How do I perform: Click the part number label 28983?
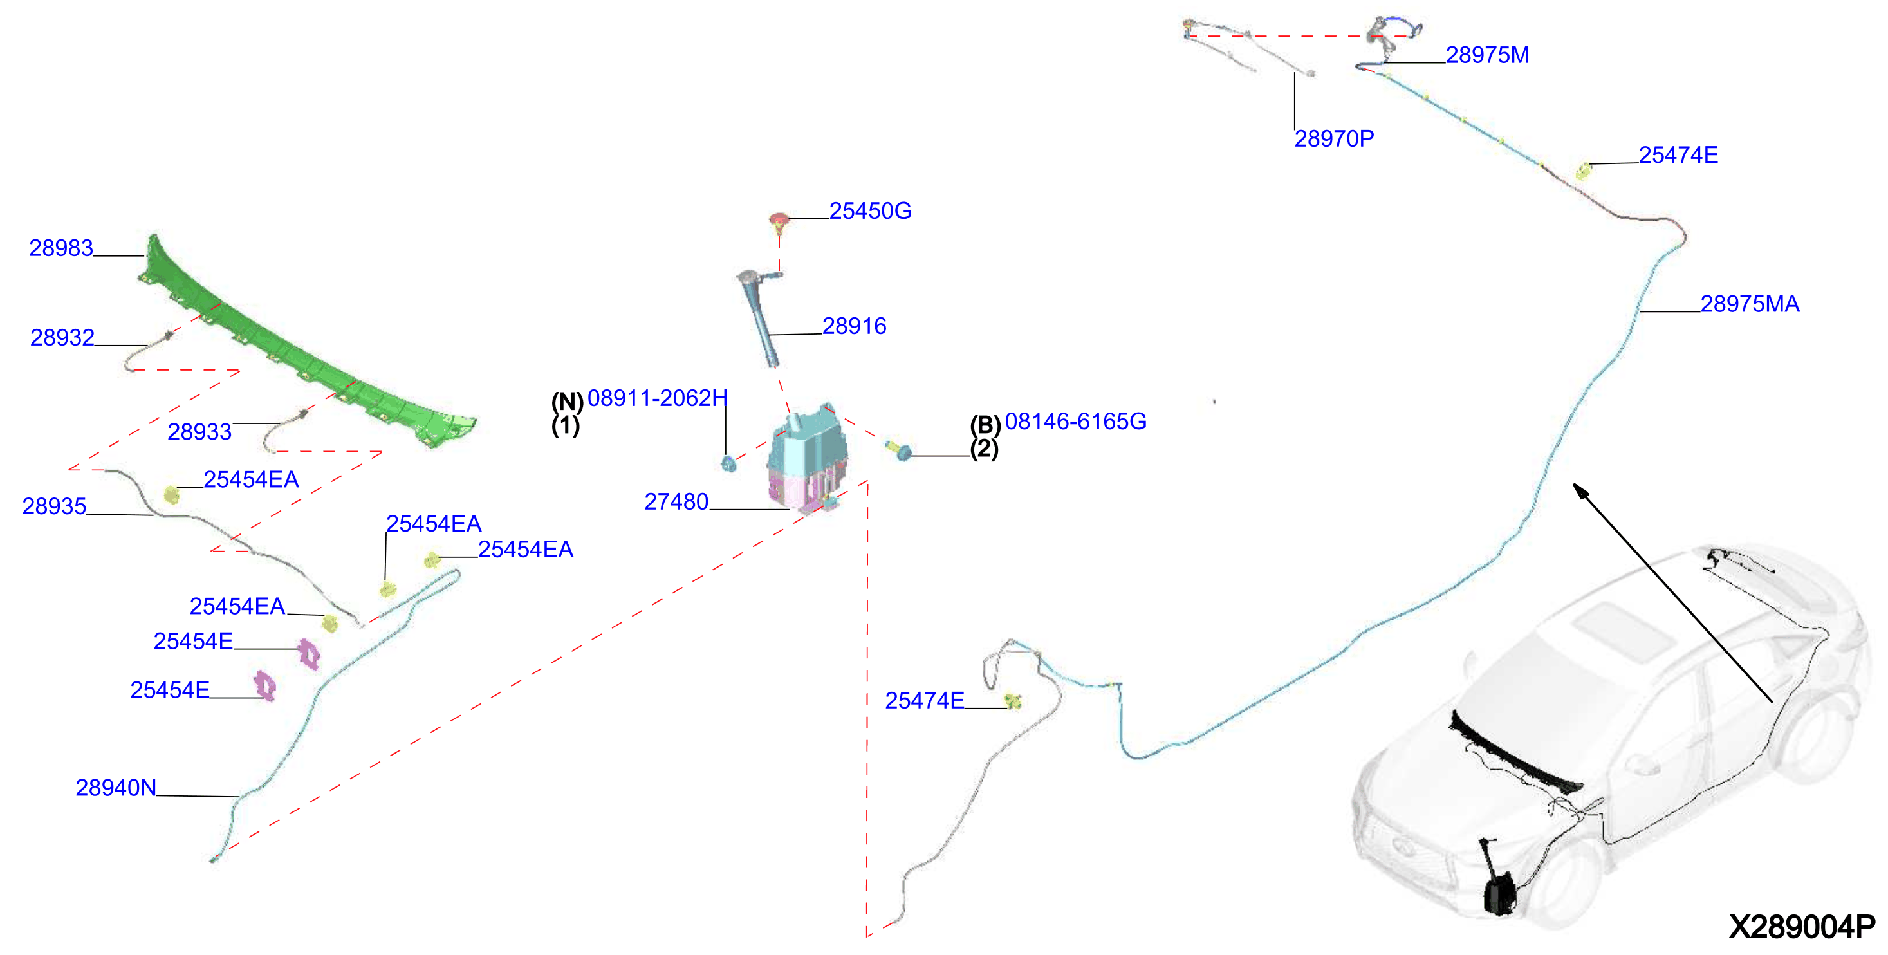point(61,248)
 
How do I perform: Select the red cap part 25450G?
point(779,221)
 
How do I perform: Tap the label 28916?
point(854,326)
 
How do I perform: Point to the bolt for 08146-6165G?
point(900,449)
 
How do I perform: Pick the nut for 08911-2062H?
point(728,463)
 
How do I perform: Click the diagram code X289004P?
point(1802,927)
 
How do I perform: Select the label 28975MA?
point(1750,304)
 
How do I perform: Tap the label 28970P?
point(1334,138)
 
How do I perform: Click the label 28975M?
point(1487,55)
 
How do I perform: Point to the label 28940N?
point(116,787)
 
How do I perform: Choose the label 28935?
point(54,506)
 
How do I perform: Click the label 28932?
point(62,337)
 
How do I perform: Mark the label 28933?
point(199,432)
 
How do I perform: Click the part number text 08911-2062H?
point(658,398)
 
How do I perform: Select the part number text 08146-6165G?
point(1075,422)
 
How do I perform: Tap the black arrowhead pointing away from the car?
point(1583,492)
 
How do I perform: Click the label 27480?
point(676,501)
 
